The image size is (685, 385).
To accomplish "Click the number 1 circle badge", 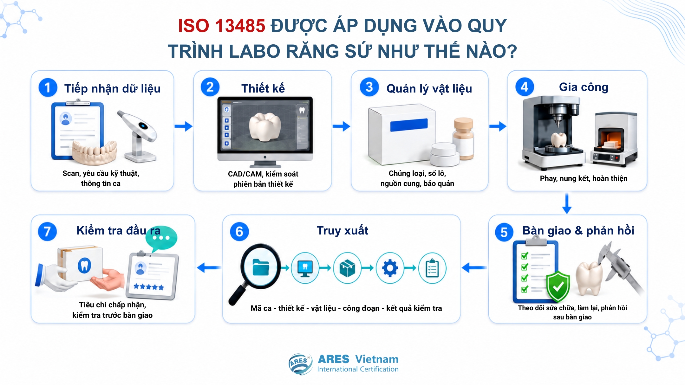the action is click(x=48, y=87).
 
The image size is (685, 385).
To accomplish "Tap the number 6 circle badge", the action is click(x=239, y=231).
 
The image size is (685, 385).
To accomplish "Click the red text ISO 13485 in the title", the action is click(x=221, y=26).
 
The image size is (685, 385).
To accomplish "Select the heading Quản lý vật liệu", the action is click(x=429, y=89).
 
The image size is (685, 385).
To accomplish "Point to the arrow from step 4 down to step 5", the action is click(x=567, y=204).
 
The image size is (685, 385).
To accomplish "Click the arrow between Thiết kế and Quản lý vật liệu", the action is click(x=341, y=126).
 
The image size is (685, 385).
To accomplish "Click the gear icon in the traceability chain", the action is click(x=390, y=268).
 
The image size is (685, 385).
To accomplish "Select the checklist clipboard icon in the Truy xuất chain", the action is click(x=432, y=268).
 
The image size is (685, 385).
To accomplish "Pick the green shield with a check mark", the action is click(x=558, y=286).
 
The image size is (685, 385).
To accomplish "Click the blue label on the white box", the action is click(x=409, y=125).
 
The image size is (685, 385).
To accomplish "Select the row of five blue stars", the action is click(x=149, y=287).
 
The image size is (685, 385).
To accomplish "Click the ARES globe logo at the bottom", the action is click(x=300, y=364).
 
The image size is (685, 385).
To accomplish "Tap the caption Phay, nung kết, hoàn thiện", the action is click(x=584, y=178).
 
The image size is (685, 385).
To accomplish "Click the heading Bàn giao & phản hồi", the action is click(x=578, y=231).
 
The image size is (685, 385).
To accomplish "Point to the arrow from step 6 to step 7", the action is click(x=209, y=268).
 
